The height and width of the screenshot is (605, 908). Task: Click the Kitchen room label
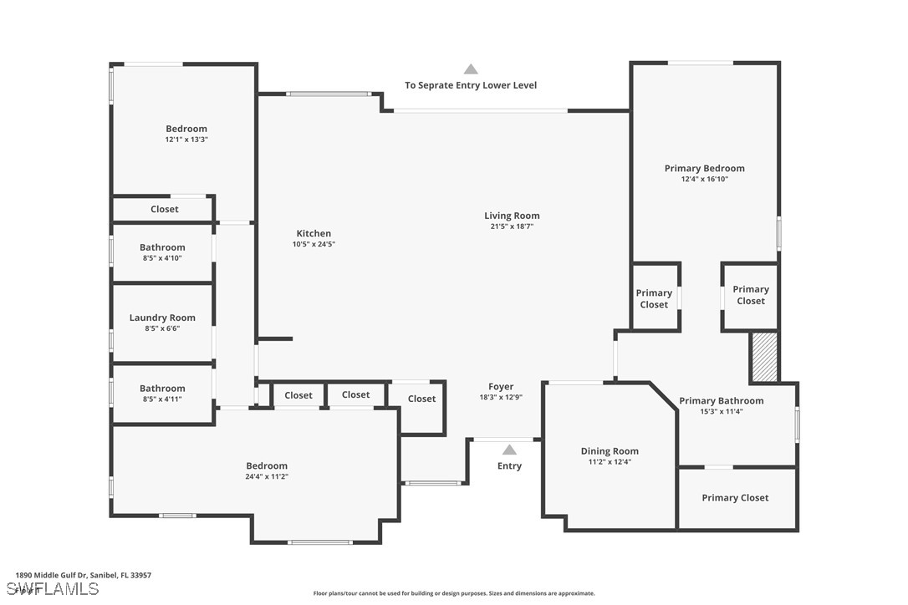point(314,233)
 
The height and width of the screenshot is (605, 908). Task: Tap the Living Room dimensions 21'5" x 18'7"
point(512,226)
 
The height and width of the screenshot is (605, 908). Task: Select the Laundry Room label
point(162,318)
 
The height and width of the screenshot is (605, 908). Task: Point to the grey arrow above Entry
point(509,450)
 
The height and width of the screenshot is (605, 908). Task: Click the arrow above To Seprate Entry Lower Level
point(471,69)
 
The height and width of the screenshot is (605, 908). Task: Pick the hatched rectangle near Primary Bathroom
point(764,357)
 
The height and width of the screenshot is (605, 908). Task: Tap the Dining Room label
point(610,451)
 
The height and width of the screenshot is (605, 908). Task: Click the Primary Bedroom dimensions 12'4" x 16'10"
point(705,179)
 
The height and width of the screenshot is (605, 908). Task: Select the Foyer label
point(501,386)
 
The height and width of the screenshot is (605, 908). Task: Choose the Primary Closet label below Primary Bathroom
point(736,497)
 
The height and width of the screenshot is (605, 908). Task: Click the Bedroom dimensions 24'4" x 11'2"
point(267,476)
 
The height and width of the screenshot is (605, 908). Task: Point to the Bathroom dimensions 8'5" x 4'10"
point(162,258)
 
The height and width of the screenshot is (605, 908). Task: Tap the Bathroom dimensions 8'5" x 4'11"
point(162,399)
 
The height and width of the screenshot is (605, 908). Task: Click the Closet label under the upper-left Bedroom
point(165,209)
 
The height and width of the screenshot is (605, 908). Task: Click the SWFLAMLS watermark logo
point(53,589)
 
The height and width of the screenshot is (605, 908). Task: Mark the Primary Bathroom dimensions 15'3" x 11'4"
point(722,412)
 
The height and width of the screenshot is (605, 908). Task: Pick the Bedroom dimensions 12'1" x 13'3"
point(186,140)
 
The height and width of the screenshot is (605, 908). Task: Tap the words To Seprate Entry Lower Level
point(471,85)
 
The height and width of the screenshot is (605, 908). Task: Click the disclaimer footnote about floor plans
point(454,593)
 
